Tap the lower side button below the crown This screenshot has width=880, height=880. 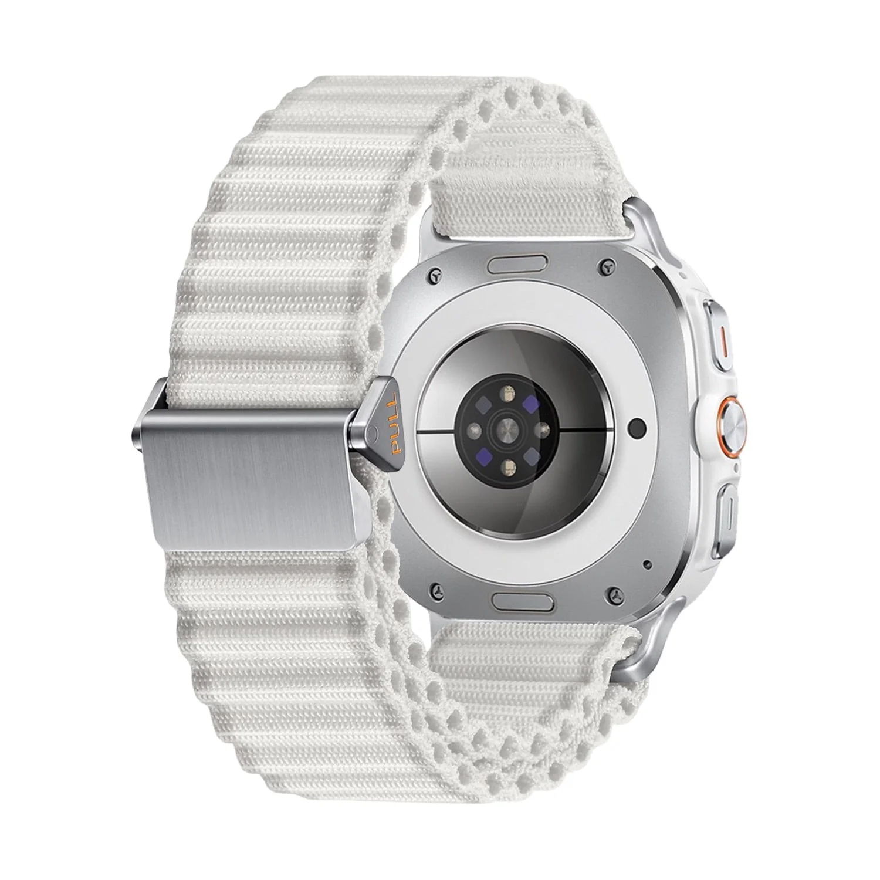click(722, 511)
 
